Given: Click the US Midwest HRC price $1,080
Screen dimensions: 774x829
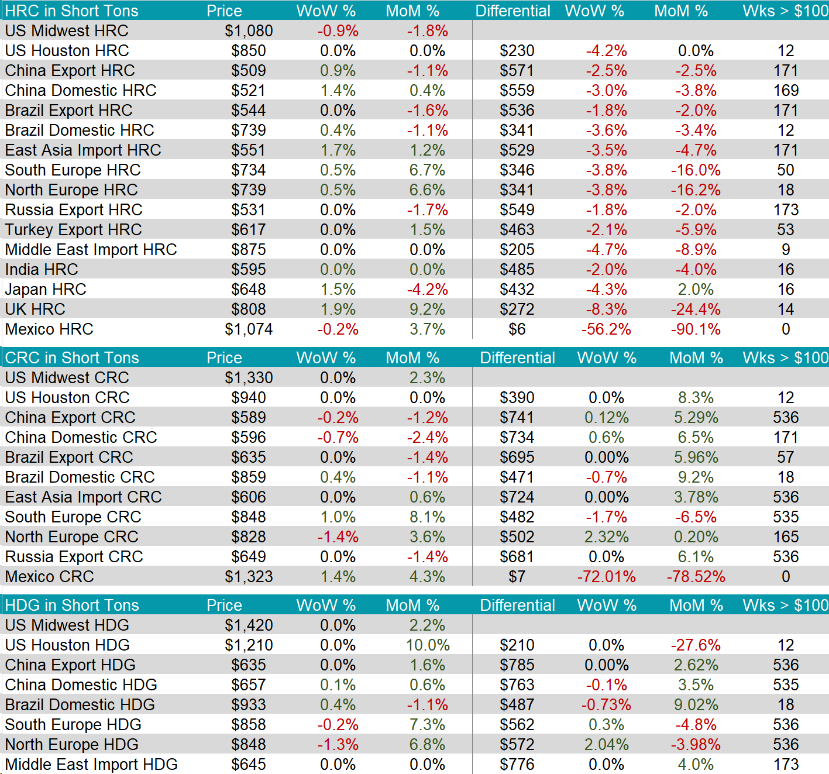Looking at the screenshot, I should click(249, 31).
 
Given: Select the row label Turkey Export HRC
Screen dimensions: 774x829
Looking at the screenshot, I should click(74, 230).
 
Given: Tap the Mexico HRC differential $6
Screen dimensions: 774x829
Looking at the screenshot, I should click(517, 329).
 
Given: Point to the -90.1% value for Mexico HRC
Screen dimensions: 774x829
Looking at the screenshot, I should click(696, 329).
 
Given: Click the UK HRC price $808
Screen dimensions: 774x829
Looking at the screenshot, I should click(249, 309).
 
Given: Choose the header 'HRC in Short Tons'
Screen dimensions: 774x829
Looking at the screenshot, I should click(72, 11).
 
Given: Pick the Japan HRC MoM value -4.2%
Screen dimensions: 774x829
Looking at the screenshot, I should click(428, 290).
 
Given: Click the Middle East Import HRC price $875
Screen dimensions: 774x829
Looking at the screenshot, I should click(249, 250).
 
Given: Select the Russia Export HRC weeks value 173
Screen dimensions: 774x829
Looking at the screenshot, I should click(786, 210).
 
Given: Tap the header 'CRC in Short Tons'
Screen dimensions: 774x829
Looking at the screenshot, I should click(72, 358).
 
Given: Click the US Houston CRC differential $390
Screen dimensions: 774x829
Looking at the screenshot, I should click(517, 398).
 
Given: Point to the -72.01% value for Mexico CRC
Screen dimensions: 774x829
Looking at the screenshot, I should click(607, 577).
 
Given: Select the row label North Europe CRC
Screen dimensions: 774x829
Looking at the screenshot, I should click(72, 537).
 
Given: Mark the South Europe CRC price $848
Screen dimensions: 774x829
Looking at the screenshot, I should click(249, 517).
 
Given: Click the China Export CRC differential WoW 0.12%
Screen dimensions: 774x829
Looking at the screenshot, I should click(607, 418).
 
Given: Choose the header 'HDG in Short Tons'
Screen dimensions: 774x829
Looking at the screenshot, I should click(72, 606).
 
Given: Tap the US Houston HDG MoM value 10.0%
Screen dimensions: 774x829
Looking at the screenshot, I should click(428, 645).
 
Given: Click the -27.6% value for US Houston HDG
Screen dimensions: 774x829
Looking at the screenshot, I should click(696, 645).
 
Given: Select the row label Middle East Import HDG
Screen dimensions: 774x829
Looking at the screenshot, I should click(91, 765).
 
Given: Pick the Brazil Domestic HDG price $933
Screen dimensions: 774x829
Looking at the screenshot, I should click(249, 705).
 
